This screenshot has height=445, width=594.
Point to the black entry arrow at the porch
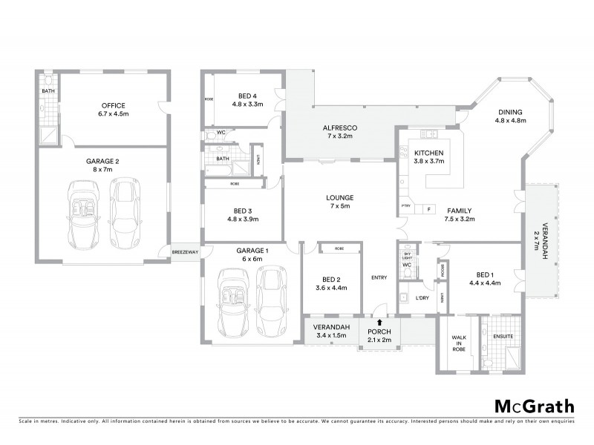click(380, 323)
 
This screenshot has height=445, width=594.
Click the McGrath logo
click(534, 406)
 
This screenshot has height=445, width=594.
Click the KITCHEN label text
click(428, 153)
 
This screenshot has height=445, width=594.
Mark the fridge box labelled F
click(428, 210)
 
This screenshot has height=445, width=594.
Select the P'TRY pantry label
click(406, 207)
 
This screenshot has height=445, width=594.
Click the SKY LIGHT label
click(406, 254)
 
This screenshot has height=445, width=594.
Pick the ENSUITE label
click(503, 336)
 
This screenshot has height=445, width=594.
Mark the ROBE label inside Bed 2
click(339, 248)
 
